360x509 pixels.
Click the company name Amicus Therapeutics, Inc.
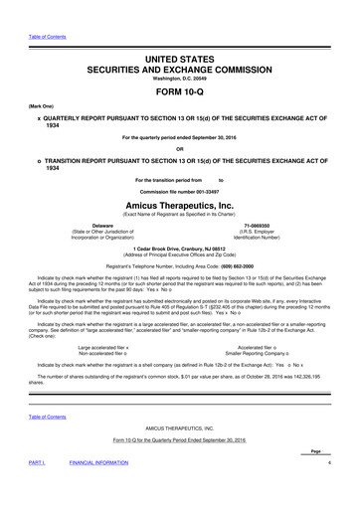180,200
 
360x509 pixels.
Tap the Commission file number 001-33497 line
180,189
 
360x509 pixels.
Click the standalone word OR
180,153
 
